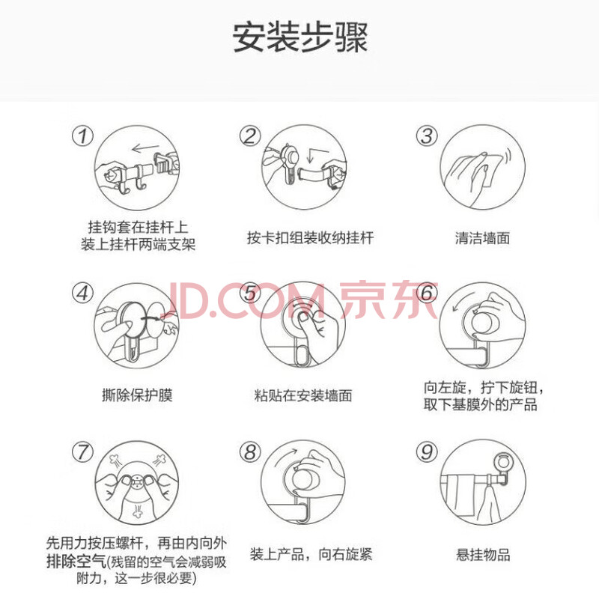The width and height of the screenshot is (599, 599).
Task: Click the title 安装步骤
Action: coord(300,37)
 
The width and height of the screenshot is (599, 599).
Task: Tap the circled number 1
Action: coord(83,136)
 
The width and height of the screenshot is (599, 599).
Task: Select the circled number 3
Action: coord(427,136)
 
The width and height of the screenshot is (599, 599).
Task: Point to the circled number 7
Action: coord(83,452)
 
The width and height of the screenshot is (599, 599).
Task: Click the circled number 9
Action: coord(427,452)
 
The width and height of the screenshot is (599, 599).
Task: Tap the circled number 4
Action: coord(83,293)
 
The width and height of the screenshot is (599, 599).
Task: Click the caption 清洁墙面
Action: coord(482,238)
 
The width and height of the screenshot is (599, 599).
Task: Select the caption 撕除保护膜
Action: coord(137,395)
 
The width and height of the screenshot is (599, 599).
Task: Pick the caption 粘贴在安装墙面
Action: coord(303,395)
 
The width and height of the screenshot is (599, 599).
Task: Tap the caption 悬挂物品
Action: coord(483,554)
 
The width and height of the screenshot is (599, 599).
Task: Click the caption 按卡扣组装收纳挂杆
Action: coord(310,237)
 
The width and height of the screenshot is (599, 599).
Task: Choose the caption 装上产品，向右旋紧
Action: coord(311,554)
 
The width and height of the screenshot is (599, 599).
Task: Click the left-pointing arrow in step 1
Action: coord(145,147)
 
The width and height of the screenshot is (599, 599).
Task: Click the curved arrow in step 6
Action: coord(460,301)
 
